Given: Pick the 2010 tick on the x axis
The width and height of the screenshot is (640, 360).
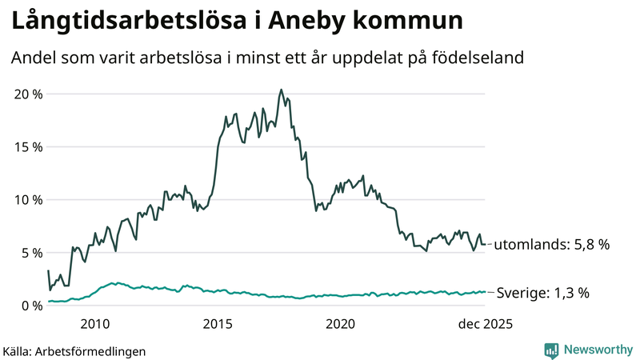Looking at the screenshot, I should [x=95, y=324].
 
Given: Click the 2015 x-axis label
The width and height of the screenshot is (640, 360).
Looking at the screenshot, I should [x=218, y=324].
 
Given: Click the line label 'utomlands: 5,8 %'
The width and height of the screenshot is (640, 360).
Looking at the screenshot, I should [x=552, y=245].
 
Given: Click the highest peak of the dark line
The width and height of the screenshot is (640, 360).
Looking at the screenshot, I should [x=281, y=90].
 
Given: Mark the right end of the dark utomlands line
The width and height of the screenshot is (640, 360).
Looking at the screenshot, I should [x=485, y=244].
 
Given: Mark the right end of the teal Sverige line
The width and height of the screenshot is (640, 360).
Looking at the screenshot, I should [x=485, y=292].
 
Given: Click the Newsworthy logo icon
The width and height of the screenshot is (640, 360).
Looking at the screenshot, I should [x=551, y=350].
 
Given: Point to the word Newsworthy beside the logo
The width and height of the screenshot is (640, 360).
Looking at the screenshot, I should [x=597, y=350].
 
